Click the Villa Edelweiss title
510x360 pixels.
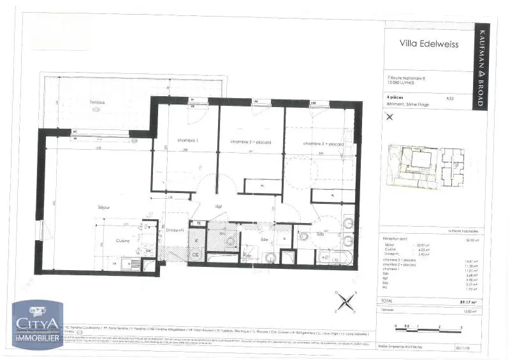425,45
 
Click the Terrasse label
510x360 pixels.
97,103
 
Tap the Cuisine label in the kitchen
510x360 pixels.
123,241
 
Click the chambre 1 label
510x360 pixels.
170,140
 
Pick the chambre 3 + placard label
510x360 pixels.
323,144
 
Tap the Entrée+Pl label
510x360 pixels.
175,229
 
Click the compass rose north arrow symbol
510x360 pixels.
345,300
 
